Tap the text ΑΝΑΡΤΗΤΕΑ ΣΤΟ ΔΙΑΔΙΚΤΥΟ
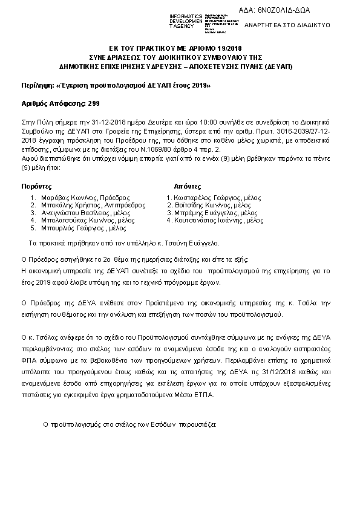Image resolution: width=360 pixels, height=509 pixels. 295,26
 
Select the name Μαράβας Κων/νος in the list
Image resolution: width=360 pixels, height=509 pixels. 66,198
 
